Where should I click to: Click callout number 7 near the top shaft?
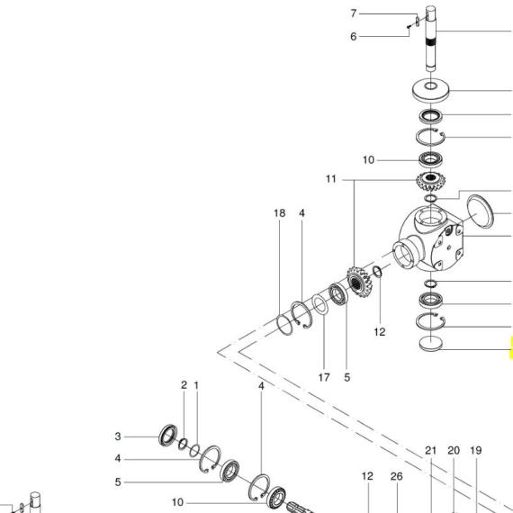tap(353, 13)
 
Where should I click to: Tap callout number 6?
tap(353, 36)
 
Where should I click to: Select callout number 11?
tap(331, 179)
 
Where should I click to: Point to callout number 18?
tap(279, 213)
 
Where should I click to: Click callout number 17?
tap(324, 378)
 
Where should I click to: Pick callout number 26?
tap(397, 476)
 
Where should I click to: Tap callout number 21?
tap(430, 451)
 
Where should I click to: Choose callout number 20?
tap(454, 451)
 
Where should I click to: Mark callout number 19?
tap(476, 451)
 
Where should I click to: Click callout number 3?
tap(118, 436)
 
